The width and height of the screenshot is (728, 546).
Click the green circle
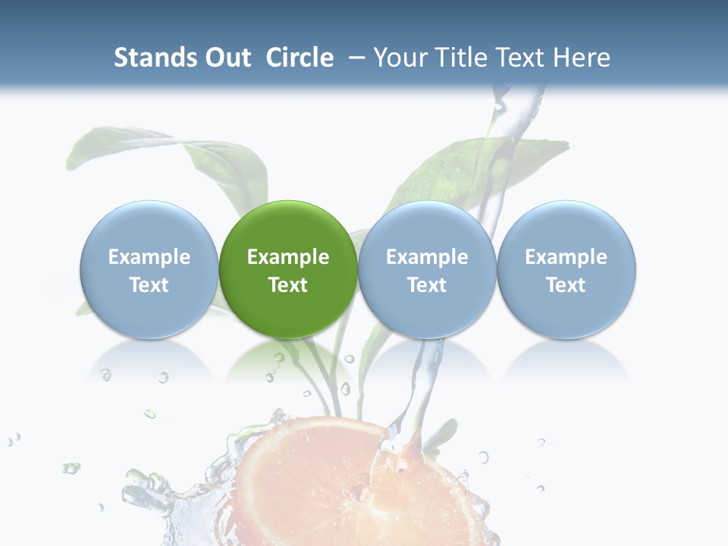tap(287, 268)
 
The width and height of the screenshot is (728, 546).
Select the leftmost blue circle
tap(149, 268)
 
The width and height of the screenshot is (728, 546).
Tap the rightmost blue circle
tap(566, 268)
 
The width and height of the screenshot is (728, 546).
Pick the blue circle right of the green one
tap(427, 268)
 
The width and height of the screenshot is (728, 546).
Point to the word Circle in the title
tap(300, 58)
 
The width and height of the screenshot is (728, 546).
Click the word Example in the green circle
tap(288, 257)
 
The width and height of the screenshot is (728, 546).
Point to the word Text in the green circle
tap(288, 285)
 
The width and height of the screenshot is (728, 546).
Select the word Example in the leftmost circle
tap(149, 257)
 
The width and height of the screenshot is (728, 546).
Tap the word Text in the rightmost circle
tap(566, 285)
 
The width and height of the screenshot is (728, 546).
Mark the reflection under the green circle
tap(287, 360)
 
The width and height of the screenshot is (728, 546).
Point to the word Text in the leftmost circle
tap(149, 285)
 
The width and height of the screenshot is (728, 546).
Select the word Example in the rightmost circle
tap(566, 257)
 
